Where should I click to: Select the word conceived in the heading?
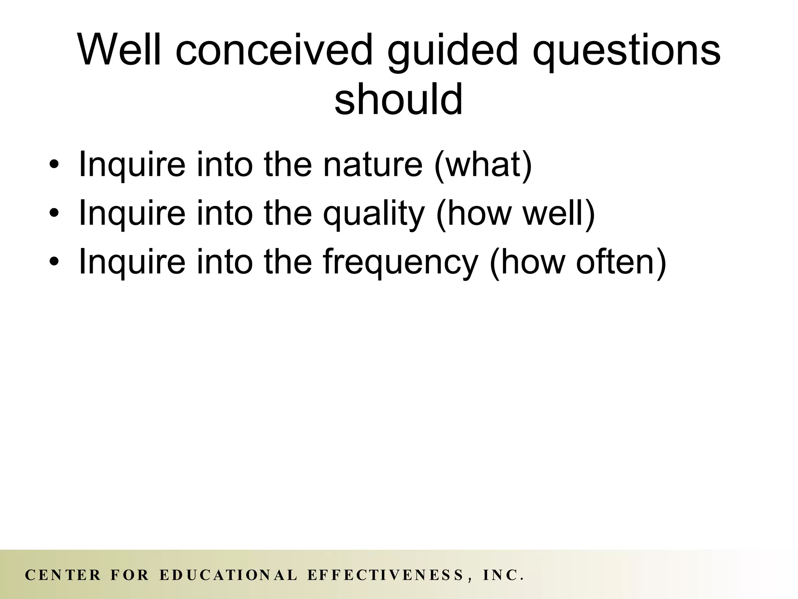point(274,50)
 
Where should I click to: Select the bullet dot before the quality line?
point(54,213)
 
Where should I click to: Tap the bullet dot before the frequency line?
point(54,262)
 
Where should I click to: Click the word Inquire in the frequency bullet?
point(132,262)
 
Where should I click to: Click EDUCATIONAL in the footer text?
point(229,575)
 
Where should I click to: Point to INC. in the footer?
point(503,575)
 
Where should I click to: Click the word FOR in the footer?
point(130,575)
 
